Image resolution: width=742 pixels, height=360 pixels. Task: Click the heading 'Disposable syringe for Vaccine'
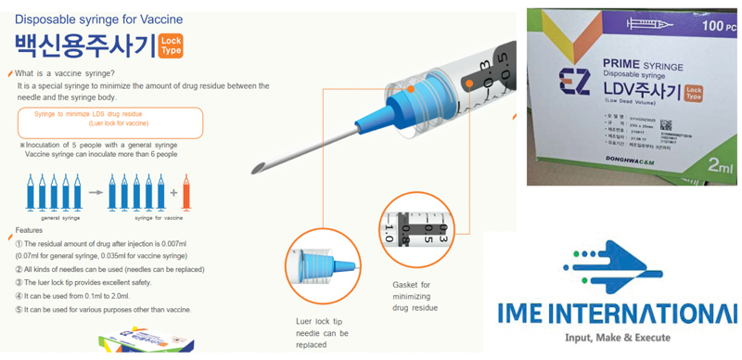click(97, 19)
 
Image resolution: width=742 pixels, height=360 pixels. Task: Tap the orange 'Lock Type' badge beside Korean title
click(171, 45)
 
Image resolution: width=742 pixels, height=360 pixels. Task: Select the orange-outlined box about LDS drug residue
click(109, 122)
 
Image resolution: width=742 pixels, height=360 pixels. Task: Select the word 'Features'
click(30, 229)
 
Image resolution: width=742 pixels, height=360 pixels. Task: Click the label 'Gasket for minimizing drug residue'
click(413, 295)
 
